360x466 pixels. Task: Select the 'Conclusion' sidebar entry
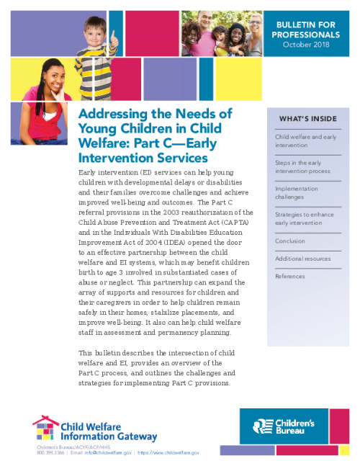point(290,241)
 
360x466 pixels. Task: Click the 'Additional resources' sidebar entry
point(303,259)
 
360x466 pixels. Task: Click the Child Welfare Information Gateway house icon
point(45,429)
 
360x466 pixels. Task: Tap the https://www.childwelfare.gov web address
point(168,453)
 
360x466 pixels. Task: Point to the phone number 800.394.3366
point(50,453)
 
